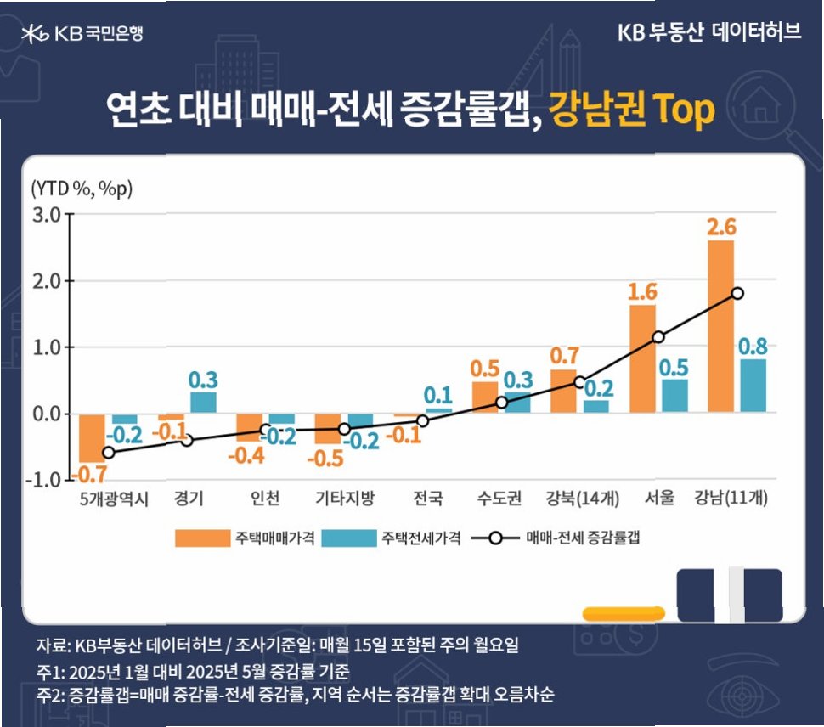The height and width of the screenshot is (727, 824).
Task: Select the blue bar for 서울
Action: (674, 396)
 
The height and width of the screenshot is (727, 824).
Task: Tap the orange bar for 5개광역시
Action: (92, 437)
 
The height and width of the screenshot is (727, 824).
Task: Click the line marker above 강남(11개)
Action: (737, 293)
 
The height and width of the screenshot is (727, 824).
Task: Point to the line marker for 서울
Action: (658, 337)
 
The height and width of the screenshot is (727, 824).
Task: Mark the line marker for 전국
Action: (422, 420)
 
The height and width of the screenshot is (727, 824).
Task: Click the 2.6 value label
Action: (720, 227)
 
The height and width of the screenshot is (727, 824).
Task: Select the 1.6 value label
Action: (643, 291)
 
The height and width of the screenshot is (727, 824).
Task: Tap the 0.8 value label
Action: (754, 347)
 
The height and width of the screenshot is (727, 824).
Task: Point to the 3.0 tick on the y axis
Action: (47, 214)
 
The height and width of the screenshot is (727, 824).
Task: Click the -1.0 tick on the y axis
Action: (45, 480)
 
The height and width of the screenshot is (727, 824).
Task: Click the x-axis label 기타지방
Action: (345, 499)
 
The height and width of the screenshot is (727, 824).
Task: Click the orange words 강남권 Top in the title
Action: (632, 110)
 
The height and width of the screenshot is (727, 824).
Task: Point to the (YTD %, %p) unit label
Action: (82, 187)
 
